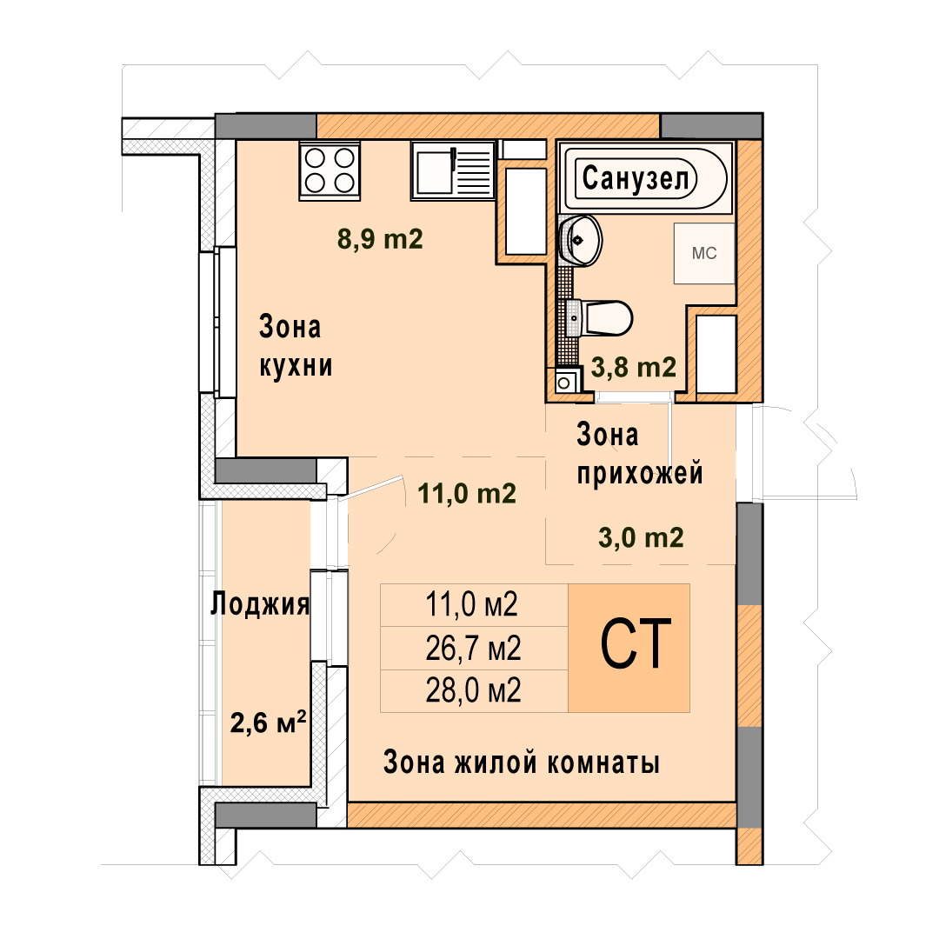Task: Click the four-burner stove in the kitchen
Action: coord(330,170)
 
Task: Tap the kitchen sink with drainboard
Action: coord(453,170)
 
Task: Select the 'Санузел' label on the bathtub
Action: coord(636,178)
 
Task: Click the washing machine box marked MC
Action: coord(704,253)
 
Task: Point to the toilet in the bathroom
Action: coord(599,318)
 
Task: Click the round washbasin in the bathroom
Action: coord(580,240)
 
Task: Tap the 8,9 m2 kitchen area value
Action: coord(380,239)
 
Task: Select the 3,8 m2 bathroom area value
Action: coord(634,367)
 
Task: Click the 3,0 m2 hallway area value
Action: coord(641,538)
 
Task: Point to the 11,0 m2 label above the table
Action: coord(467,494)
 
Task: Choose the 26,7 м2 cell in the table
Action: coord(473,648)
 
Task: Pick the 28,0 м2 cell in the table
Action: coord(473,690)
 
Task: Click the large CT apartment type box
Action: coord(629,648)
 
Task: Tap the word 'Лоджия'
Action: coord(260,604)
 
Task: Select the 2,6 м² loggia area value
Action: coord(269,723)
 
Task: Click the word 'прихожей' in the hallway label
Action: coord(640,473)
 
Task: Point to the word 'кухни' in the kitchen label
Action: coord(296,365)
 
